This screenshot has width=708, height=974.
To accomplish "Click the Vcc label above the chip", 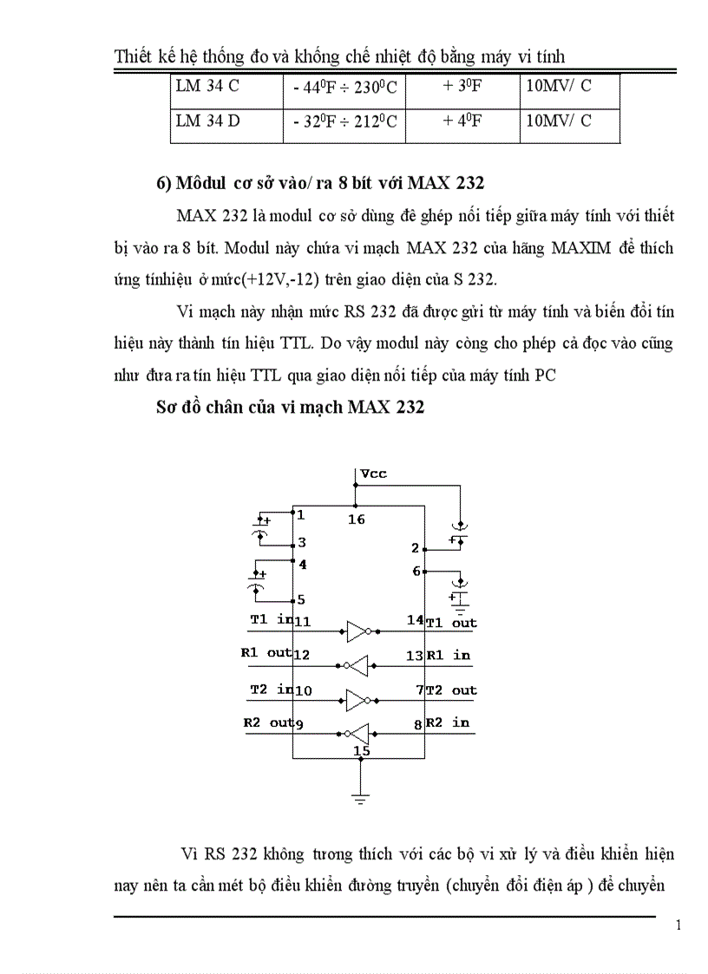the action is [375, 474].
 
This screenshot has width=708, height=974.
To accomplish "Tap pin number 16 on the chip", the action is [356, 520].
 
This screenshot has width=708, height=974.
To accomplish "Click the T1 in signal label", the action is [272, 619].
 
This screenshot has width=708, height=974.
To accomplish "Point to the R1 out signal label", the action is [266, 653].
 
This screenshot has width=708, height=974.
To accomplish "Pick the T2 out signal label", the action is [451, 690].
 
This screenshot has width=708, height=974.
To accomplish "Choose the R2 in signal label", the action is [448, 722].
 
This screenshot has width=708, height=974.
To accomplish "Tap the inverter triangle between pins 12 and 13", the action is [357, 665].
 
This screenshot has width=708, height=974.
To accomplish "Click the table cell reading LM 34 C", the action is [207, 88].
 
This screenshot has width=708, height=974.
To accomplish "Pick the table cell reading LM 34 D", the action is [208, 121].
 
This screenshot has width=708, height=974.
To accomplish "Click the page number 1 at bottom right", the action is [678, 925].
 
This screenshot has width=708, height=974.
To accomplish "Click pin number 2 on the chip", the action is [416, 548].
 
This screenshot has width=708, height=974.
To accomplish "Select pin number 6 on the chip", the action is [416, 571].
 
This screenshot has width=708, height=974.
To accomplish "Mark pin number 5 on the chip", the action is [301, 599].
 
